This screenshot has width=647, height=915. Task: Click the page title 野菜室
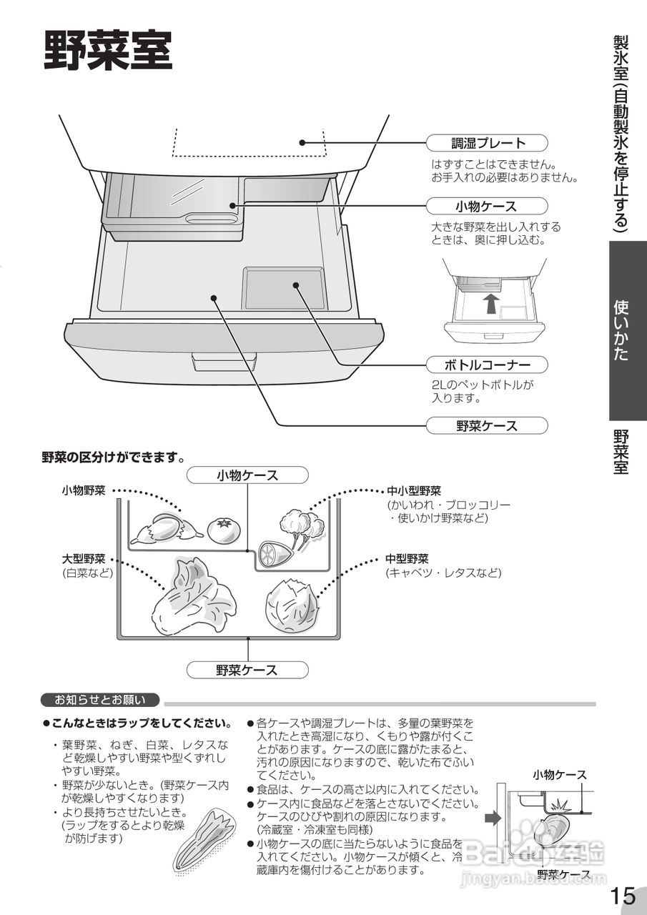tap(108, 51)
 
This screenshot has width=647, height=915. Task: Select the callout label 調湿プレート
tap(487, 143)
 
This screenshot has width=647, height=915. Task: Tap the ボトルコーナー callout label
tap(487, 365)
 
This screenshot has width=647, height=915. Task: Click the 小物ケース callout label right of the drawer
tap(487, 207)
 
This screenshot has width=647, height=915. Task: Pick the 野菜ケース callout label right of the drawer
tap(487, 426)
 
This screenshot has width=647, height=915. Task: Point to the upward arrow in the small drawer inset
tap(490, 303)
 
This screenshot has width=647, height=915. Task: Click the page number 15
tap(623, 895)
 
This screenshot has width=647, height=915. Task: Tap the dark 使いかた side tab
tap(628, 330)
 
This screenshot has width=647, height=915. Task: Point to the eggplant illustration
tap(159, 530)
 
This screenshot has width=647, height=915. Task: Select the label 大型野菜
tap(84, 559)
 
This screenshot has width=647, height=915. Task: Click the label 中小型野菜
tap(414, 491)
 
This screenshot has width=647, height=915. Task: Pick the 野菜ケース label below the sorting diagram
tap(247, 670)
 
